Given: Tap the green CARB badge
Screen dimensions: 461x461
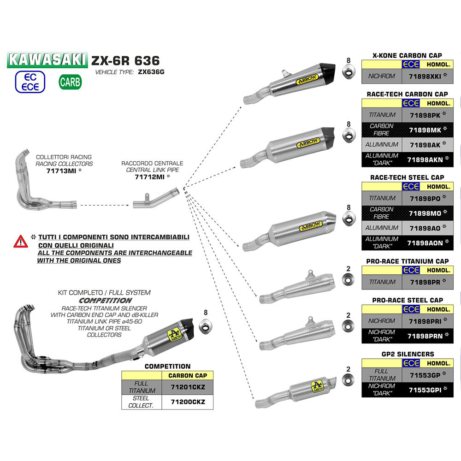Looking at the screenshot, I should (70, 82).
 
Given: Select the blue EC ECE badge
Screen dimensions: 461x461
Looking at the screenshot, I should (30, 82).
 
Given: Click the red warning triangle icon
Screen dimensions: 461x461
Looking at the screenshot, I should (20, 241).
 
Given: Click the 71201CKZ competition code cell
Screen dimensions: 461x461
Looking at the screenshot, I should (187, 387).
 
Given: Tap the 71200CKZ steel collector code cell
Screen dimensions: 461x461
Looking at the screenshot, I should (187, 402).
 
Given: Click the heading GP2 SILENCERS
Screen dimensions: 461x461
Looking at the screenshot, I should (407, 354).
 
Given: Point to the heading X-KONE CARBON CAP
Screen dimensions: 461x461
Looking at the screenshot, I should (407, 55).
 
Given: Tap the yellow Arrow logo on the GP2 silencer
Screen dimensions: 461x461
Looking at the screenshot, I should (316, 386).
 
